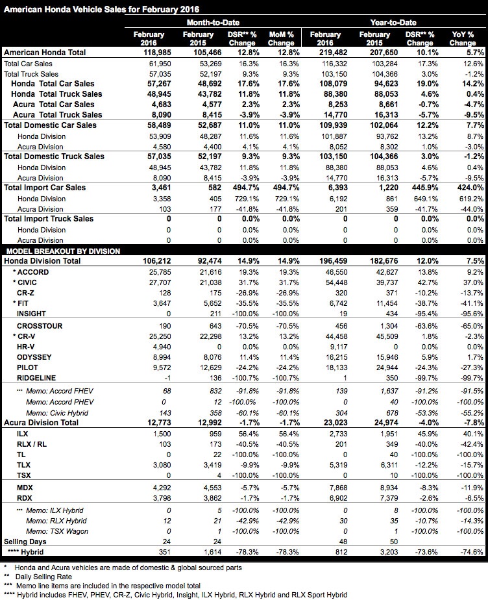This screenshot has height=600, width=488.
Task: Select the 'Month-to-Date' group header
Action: (201, 22)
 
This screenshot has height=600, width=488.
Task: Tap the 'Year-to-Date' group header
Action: (393, 22)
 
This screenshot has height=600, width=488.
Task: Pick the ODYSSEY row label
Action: (35, 356)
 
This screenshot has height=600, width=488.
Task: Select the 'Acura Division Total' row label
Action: (45, 423)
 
